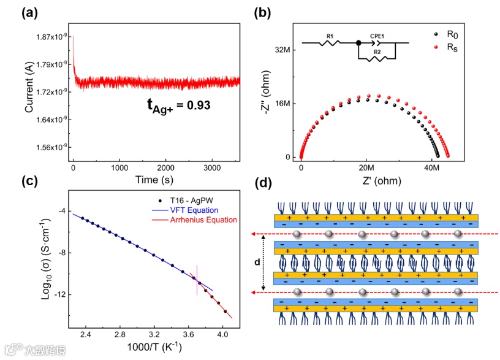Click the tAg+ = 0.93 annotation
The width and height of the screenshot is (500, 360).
(178, 105)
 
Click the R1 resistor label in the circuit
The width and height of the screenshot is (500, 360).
(329, 36)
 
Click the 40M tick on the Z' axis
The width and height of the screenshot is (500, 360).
(433, 167)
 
